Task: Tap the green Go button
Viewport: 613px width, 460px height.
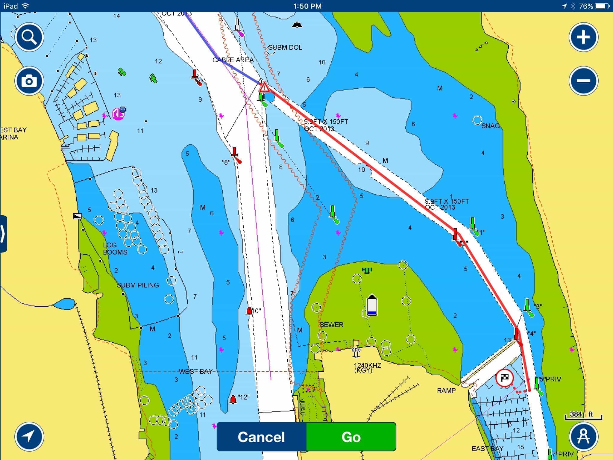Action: pos(351,437)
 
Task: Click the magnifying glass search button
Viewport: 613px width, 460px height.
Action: pos(29,37)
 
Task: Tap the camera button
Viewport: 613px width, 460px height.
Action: pos(29,81)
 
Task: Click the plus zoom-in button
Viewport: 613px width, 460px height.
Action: pos(583,37)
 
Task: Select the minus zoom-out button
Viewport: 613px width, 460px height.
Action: pos(583,81)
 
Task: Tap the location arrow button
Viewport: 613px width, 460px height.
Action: pos(29,437)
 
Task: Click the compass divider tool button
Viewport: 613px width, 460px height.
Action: pos(583,437)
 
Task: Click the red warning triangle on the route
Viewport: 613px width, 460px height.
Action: pos(264,87)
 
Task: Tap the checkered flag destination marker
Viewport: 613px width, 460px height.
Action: pos(505,378)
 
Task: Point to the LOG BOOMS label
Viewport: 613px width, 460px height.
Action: pos(115,249)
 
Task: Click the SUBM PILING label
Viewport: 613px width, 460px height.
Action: pos(138,285)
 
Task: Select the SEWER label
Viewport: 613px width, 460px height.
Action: pos(331,325)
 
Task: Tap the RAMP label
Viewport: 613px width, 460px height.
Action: pos(446,391)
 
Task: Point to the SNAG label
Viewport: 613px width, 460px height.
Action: pos(490,126)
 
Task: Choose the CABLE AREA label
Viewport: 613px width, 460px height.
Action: pos(233,60)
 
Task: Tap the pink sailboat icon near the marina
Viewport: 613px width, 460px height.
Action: pos(118,114)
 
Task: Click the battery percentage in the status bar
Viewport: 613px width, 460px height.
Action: pos(586,6)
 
